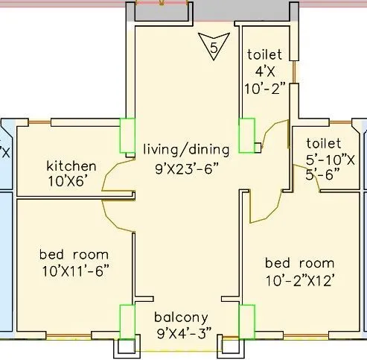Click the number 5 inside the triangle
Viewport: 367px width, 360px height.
point(214,47)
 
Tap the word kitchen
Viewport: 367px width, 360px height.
point(71,166)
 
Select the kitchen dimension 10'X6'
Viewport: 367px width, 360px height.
point(68,181)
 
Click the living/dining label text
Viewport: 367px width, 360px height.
point(186,150)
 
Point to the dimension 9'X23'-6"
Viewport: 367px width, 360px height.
point(188,169)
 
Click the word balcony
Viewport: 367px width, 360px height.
point(181,318)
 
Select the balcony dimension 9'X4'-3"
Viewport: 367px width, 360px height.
point(185,333)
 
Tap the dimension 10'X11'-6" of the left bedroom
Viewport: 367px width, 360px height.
point(76,271)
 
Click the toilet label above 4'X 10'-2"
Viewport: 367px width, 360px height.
point(264,54)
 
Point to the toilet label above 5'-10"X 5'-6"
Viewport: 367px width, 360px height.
point(324,143)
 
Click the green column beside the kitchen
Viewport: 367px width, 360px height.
point(127,136)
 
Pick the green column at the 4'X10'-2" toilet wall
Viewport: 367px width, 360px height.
point(246,136)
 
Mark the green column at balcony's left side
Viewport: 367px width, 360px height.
point(127,322)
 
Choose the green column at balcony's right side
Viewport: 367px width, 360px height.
point(246,322)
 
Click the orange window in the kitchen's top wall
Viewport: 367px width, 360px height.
point(39,122)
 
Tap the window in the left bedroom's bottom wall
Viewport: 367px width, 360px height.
point(68,336)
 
